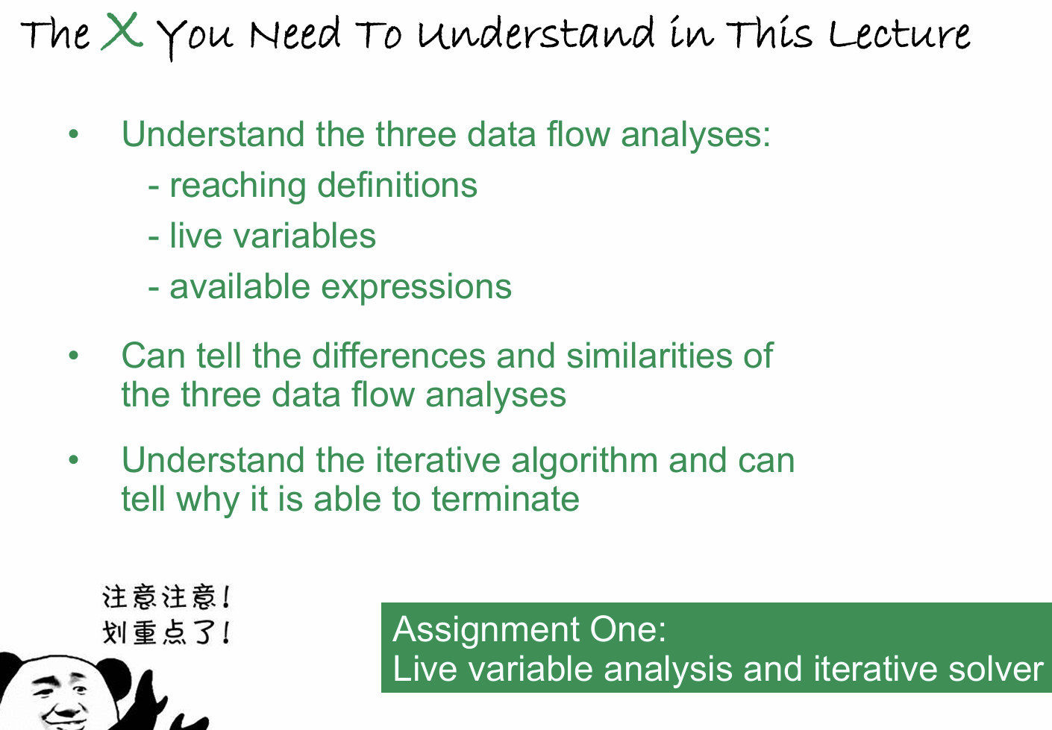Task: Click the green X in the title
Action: pyautogui.click(x=122, y=31)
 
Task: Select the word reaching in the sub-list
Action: pyautogui.click(x=238, y=186)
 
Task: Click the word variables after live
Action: pyautogui.click(x=304, y=236)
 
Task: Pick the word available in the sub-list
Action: pyautogui.click(x=239, y=286)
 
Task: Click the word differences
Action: pyautogui.click(x=398, y=356)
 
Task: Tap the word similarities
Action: pyautogui.click(x=649, y=356)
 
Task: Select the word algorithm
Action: pyautogui.click(x=584, y=462)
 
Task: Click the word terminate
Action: pyautogui.click(x=505, y=499)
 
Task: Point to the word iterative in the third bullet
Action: pyautogui.click(x=438, y=460)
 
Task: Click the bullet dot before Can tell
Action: pyautogui.click(x=73, y=356)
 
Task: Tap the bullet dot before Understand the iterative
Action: pyautogui.click(x=73, y=459)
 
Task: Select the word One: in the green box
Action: pyautogui.click(x=628, y=629)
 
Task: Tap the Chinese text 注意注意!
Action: pyautogui.click(x=166, y=597)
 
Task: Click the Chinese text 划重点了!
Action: pyautogui.click(x=166, y=632)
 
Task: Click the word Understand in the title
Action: pyautogui.click(x=536, y=33)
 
